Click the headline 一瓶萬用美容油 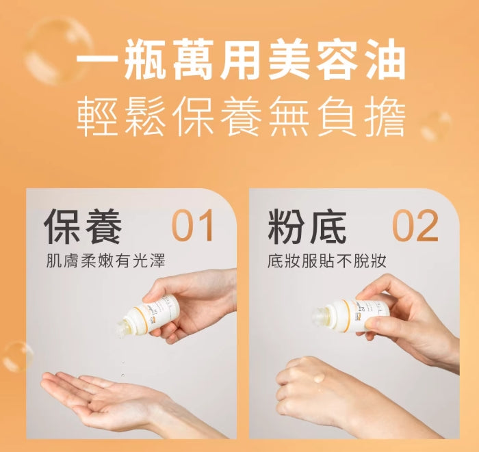click(x=240, y=62)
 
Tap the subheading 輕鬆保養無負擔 click(x=240, y=118)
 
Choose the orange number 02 click(x=415, y=227)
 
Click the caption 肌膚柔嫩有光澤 click(x=105, y=262)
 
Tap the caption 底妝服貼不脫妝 click(x=327, y=262)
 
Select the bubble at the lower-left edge click(x=16, y=356)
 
